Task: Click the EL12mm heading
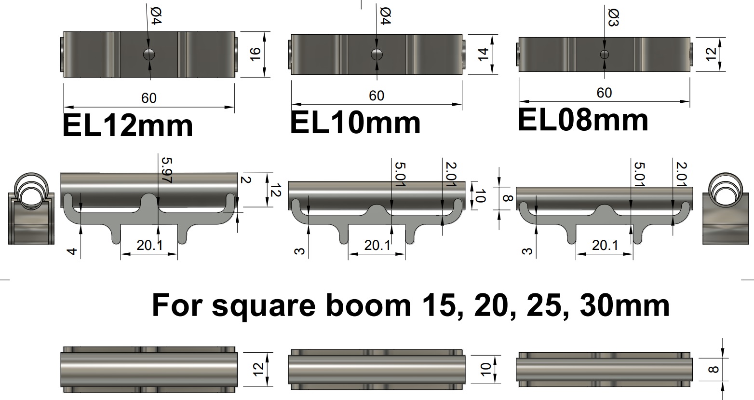click(128, 126)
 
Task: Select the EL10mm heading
click(355, 123)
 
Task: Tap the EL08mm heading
click(583, 120)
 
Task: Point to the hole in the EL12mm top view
click(149, 54)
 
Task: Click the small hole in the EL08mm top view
click(605, 54)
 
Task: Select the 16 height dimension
click(255, 54)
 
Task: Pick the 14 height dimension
click(483, 54)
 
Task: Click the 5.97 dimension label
click(166, 170)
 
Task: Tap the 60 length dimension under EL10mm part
click(377, 96)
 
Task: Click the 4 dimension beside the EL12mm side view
click(72, 251)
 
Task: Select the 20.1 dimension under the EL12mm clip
click(149, 246)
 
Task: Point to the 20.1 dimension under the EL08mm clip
click(605, 246)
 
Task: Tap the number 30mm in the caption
click(625, 305)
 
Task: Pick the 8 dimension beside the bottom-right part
click(714, 370)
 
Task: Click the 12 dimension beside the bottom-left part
click(258, 370)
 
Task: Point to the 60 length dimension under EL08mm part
click(604, 93)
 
